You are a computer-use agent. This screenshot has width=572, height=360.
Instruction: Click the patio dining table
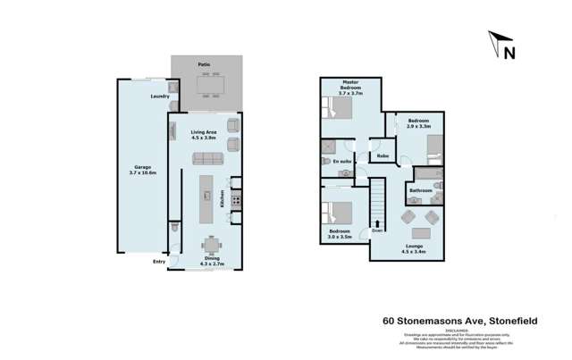211,83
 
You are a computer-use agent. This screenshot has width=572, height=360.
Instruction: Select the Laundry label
161,96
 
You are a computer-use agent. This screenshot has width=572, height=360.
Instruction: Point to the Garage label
141,166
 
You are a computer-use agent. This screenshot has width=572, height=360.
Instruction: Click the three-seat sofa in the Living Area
207,159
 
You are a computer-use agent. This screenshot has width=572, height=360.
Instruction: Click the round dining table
211,244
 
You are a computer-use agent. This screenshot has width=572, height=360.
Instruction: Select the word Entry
159,262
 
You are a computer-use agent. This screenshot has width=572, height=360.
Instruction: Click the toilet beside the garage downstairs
175,230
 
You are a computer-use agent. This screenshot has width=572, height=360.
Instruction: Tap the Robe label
382,156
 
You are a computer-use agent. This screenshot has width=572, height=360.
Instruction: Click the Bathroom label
420,190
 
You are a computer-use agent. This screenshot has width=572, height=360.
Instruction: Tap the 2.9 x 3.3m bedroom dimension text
419,126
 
